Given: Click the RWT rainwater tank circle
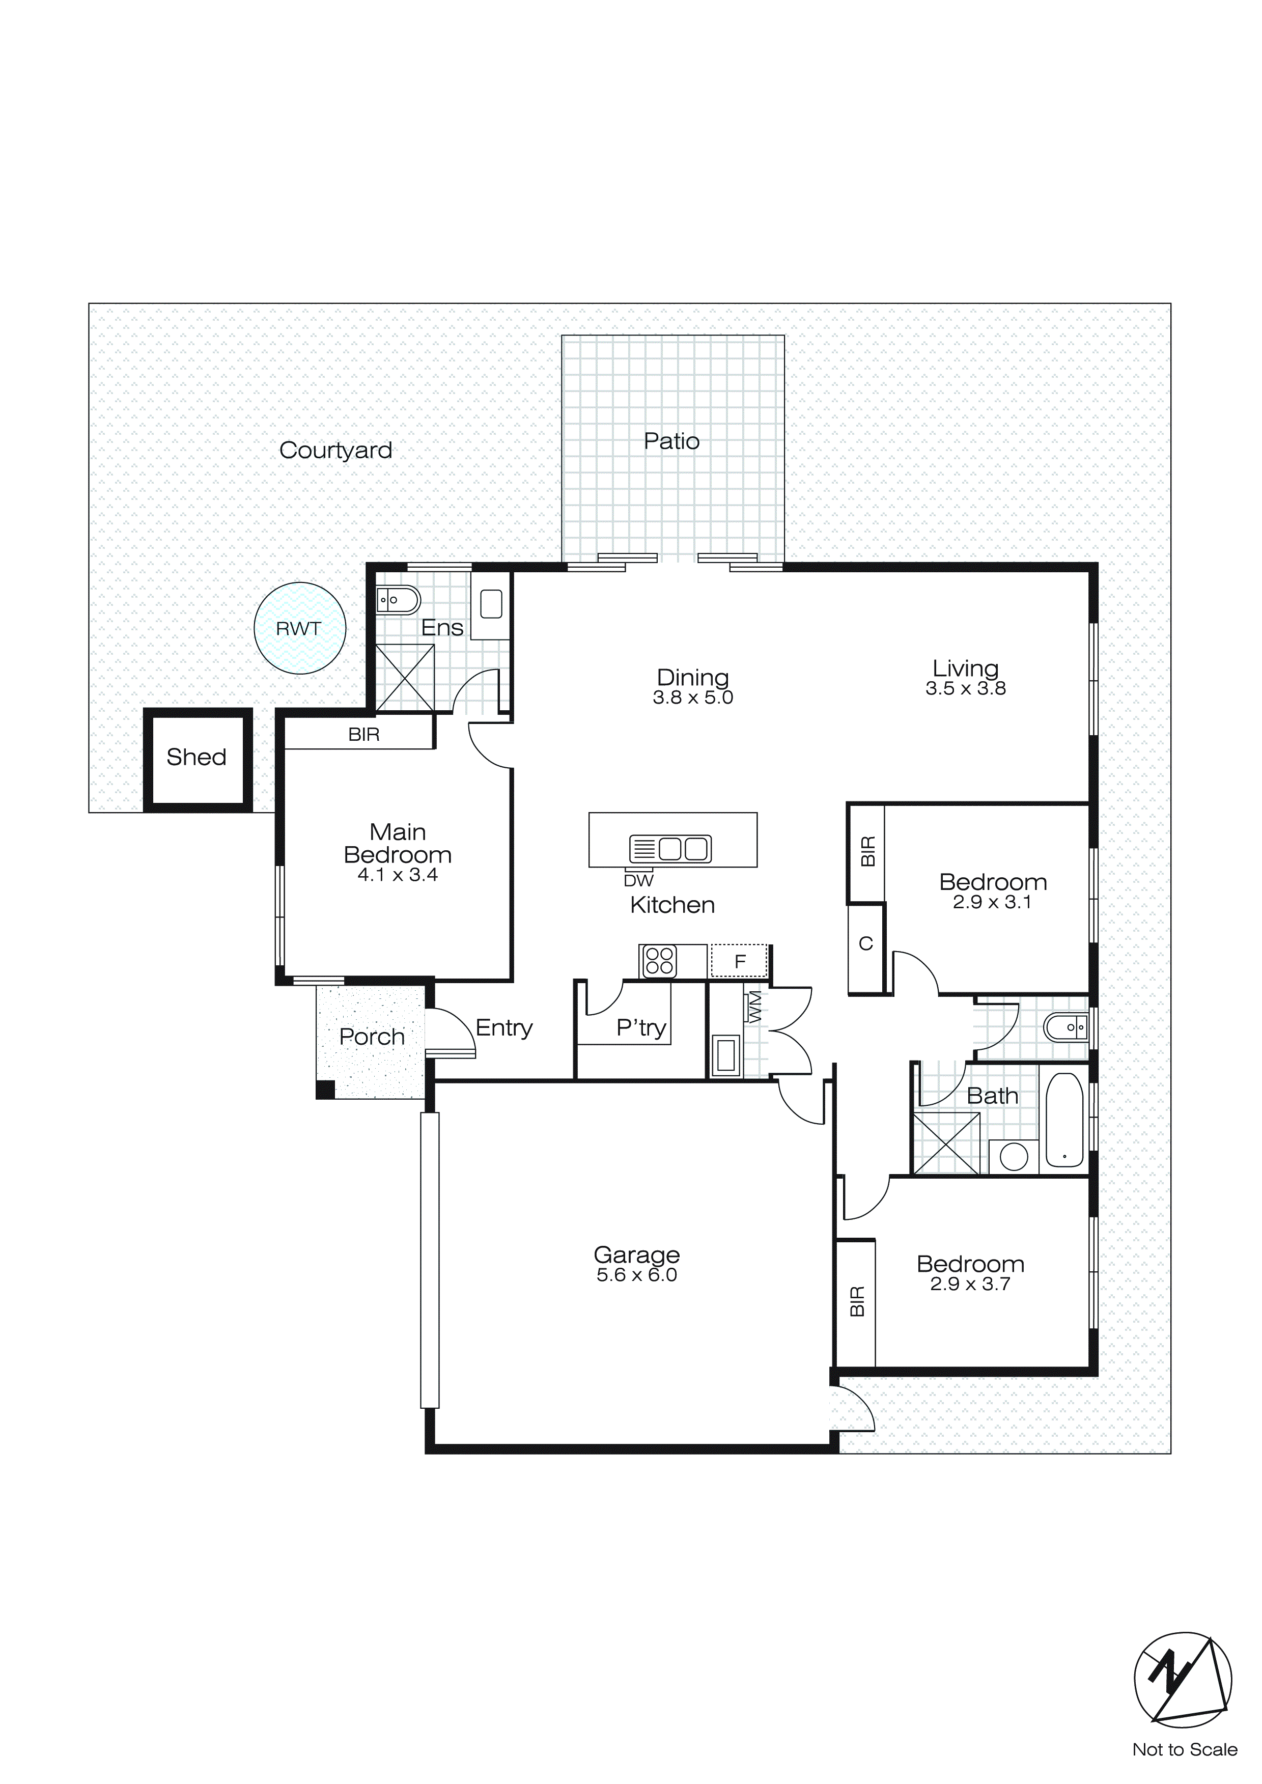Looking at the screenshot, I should pos(299,628).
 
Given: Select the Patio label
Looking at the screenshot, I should pos(671,441).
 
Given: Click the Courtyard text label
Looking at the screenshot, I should pos(335,451).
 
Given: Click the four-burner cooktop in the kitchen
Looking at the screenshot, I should pos(659,961).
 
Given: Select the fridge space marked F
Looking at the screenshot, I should pos(739,961).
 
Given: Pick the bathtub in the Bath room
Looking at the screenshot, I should pos(1064,1120).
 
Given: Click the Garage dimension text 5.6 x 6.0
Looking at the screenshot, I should pos(636,1275).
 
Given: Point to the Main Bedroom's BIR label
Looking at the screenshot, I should pos(363,735).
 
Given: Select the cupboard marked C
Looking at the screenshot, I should pos(865,944).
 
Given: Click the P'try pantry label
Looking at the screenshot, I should pos(641,1028).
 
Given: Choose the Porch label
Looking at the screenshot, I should pos(372,1037).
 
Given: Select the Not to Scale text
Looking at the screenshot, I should pos(1184,1750).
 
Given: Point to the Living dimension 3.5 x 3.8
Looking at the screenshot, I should pos(965,688).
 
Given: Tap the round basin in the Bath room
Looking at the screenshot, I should pos(1014,1157).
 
